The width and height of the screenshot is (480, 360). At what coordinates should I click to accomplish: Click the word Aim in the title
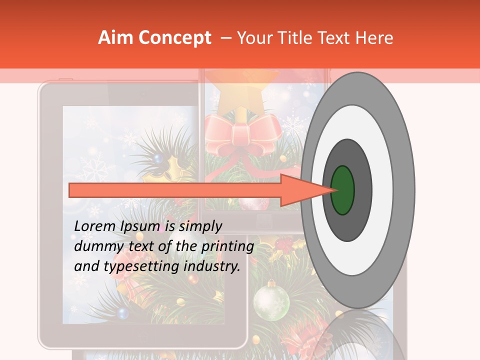(114, 38)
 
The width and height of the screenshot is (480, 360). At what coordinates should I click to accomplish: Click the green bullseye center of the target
(342, 190)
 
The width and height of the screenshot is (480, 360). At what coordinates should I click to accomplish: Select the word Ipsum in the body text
(140, 226)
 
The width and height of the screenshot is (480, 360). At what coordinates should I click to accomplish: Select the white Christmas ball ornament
(271, 300)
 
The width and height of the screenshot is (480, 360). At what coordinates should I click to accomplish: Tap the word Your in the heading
(252, 38)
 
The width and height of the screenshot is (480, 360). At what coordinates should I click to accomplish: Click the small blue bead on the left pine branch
(157, 158)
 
